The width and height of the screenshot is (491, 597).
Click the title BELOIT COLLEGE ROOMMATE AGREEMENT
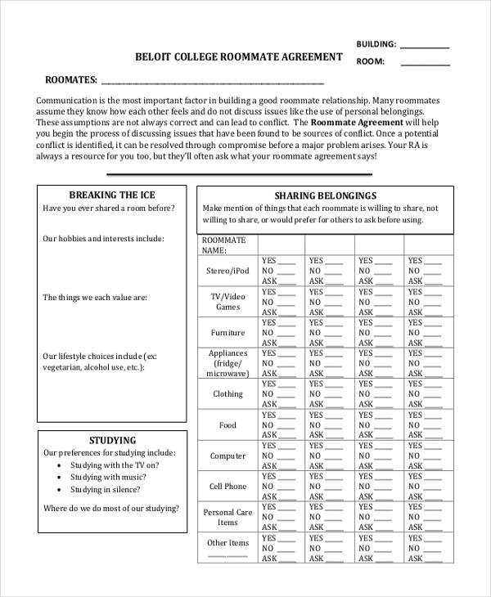coord(238,57)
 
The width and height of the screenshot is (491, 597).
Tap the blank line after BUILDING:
coord(425,47)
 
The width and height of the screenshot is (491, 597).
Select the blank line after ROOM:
coord(425,64)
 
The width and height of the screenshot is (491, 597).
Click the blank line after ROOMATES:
coord(212,83)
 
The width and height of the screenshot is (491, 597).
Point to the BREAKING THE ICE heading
coord(111,195)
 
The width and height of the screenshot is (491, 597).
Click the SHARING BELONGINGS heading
coord(325,195)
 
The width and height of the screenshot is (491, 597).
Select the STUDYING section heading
coord(112,440)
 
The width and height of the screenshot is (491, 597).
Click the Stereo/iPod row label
coord(227,271)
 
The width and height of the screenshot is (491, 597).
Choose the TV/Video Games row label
coord(227,301)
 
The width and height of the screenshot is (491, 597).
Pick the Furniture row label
coord(227,333)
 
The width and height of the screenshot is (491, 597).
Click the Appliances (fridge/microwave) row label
coord(227,363)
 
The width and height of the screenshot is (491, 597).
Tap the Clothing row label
coord(227,394)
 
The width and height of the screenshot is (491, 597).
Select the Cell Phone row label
coord(227,487)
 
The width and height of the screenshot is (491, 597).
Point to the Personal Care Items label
coord(227,517)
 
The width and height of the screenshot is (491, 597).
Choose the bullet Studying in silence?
coord(105,489)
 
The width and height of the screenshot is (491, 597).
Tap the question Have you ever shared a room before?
coord(109,209)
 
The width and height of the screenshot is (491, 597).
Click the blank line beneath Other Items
coord(227,555)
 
